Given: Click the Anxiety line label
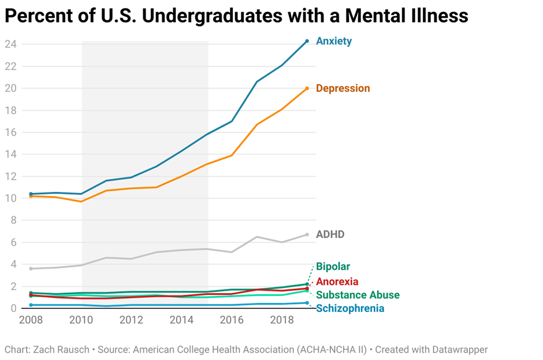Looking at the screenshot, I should [x=334, y=42].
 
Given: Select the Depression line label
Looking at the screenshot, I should [x=343, y=88].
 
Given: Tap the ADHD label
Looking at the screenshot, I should [x=330, y=235].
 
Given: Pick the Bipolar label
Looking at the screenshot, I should [x=333, y=266].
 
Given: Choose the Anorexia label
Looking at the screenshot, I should [x=337, y=281].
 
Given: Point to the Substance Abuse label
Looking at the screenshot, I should [x=358, y=295].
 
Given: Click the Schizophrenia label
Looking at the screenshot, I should [x=350, y=309].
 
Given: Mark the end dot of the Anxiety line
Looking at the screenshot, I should [x=307, y=41].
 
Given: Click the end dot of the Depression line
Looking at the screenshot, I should [x=307, y=88].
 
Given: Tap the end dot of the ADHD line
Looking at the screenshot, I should [x=307, y=235].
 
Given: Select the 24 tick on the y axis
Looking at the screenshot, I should [x=10, y=44].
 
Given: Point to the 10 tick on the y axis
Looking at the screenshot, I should [x=10, y=198].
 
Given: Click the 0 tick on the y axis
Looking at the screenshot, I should [x=13, y=309].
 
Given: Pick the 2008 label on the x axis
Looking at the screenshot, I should [x=31, y=320].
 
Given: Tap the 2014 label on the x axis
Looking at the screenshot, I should [x=181, y=320].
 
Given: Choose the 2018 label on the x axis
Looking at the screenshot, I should [x=281, y=320].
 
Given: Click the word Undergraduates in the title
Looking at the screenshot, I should [x=213, y=16].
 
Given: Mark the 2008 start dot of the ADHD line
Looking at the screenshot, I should [x=31, y=269].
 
